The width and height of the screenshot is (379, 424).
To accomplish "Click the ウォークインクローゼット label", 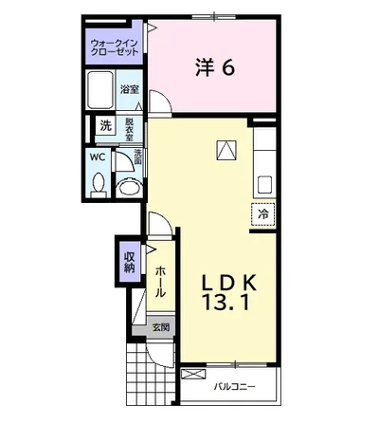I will click(115, 46).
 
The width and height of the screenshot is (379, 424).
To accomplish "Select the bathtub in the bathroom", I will click(101, 93).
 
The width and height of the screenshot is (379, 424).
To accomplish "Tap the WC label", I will click(98, 157).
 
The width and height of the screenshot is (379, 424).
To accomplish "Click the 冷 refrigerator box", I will click(262, 214).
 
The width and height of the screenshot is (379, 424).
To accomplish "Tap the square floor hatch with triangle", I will click(226, 149).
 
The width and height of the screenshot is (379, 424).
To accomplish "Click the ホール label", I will click(160, 282).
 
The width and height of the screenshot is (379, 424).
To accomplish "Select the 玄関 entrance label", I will click(163, 328).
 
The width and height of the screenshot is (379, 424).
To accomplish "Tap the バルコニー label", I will click(233, 386).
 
